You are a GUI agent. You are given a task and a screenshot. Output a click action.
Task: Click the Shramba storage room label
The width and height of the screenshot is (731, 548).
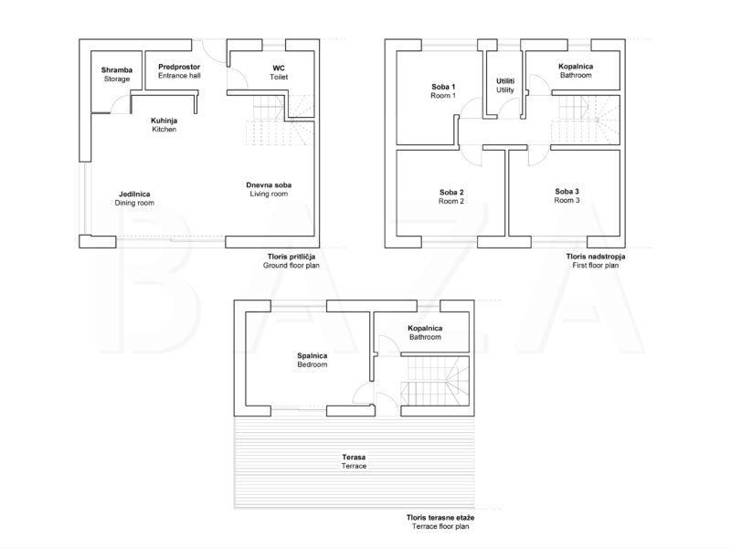(x=117, y=75)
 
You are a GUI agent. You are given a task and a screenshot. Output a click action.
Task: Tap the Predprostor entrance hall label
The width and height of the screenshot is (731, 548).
(x=179, y=71)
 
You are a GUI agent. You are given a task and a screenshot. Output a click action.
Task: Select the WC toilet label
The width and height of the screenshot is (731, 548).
(x=279, y=73)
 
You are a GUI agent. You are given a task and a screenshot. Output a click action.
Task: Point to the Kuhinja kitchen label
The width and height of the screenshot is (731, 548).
(x=164, y=125)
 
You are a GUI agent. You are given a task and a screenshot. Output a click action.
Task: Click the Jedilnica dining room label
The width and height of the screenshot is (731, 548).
(x=134, y=198)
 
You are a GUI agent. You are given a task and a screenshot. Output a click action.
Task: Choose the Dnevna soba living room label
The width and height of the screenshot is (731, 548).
(x=269, y=189)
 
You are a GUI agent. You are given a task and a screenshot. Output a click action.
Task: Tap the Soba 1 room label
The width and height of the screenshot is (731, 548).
(x=443, y=90)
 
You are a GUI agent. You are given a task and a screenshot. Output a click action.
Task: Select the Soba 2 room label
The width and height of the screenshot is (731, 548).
(x=451, y=196)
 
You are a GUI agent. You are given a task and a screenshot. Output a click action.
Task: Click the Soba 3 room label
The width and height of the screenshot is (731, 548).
(x=567, y=195)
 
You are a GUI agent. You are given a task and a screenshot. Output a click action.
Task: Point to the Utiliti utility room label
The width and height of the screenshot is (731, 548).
(x=505, y=85)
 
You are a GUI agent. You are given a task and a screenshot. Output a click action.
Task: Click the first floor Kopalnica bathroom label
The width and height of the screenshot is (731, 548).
(x=576, y=71)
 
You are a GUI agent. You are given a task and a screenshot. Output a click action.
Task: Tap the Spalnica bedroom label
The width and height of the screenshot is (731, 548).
(x=313, y=360)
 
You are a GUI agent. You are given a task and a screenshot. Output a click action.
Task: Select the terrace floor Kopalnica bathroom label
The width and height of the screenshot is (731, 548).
(x=425, y=332)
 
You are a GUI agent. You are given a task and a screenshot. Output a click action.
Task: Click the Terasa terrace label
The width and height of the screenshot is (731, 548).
(x=354, y=462)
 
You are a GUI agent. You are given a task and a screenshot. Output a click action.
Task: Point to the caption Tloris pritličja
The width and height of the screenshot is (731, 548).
(x=291, y=257)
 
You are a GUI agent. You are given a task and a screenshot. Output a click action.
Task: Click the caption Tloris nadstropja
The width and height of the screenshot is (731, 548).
(x=596, y=257)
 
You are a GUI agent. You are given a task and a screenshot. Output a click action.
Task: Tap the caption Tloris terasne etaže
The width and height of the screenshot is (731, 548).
(x=440, y=518)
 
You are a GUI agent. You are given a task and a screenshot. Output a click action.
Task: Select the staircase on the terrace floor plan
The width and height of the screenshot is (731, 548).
(x=435, y=381)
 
